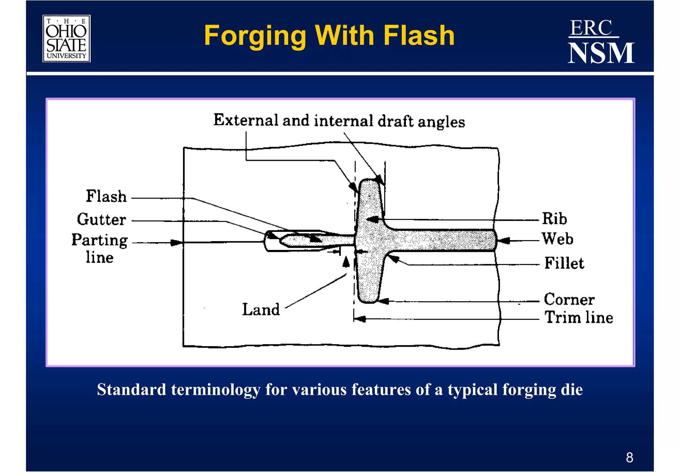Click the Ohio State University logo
click(66, 39)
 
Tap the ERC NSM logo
click(601, 42)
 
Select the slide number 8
click(630, 457)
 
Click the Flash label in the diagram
click(106, 196)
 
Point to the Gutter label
click(102, 220)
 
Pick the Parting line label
click(100, 248)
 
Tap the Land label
click(261, 310)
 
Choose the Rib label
click(554, 219)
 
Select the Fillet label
click(564, 263)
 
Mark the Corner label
click(569, 299)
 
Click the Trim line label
click(579, 318)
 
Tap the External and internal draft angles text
click(339, 121)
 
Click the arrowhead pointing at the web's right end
click(503, 240)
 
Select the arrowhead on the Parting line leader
click(176, 243)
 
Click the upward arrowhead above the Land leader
click(346, 262)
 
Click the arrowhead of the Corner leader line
click(384, 301)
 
